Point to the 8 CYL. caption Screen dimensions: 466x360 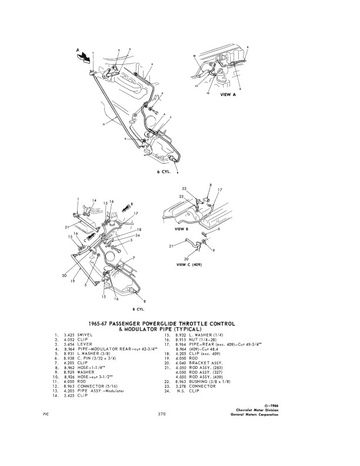(139, 308)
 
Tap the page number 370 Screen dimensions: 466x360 (162, 414)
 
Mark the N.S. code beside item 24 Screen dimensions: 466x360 (182, 391)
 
